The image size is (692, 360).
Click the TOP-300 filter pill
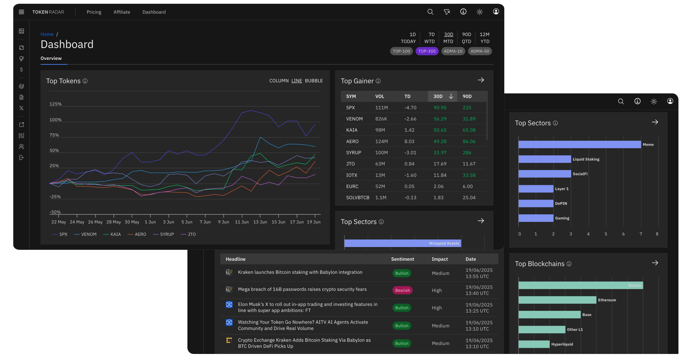(x=427, y=51)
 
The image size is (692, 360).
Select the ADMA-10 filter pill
(x=453, y=51)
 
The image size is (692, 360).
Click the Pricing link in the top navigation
(x=94, y=12)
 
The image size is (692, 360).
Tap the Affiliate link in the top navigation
(x=122, y=12)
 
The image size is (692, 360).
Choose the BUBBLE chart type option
(x=314, y=81)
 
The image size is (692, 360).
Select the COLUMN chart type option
(x=279, y=81)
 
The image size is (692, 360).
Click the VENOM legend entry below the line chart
(x=85, y=234)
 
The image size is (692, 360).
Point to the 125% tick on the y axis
(x=55, y=104)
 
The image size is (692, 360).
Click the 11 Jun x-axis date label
(x=242, y=222)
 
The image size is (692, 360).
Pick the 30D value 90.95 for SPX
(x=440, y=108)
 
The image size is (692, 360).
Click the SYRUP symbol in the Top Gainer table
(x=353, y=153)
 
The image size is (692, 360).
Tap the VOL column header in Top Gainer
(x=379, y=97)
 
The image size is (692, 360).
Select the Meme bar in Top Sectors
(x=580, y=144)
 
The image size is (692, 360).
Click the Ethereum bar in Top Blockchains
(x=557, y=300)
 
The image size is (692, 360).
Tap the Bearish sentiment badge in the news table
(x=402, y=291)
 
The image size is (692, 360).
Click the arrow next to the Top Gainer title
(x=481, y=80)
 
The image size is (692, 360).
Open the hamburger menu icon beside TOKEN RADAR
(x=21, y=12)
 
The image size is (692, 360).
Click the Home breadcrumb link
(x=47, y=34)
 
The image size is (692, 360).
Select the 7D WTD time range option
(x=429, y=38)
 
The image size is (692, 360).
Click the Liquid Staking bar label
(x=586, y=159)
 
